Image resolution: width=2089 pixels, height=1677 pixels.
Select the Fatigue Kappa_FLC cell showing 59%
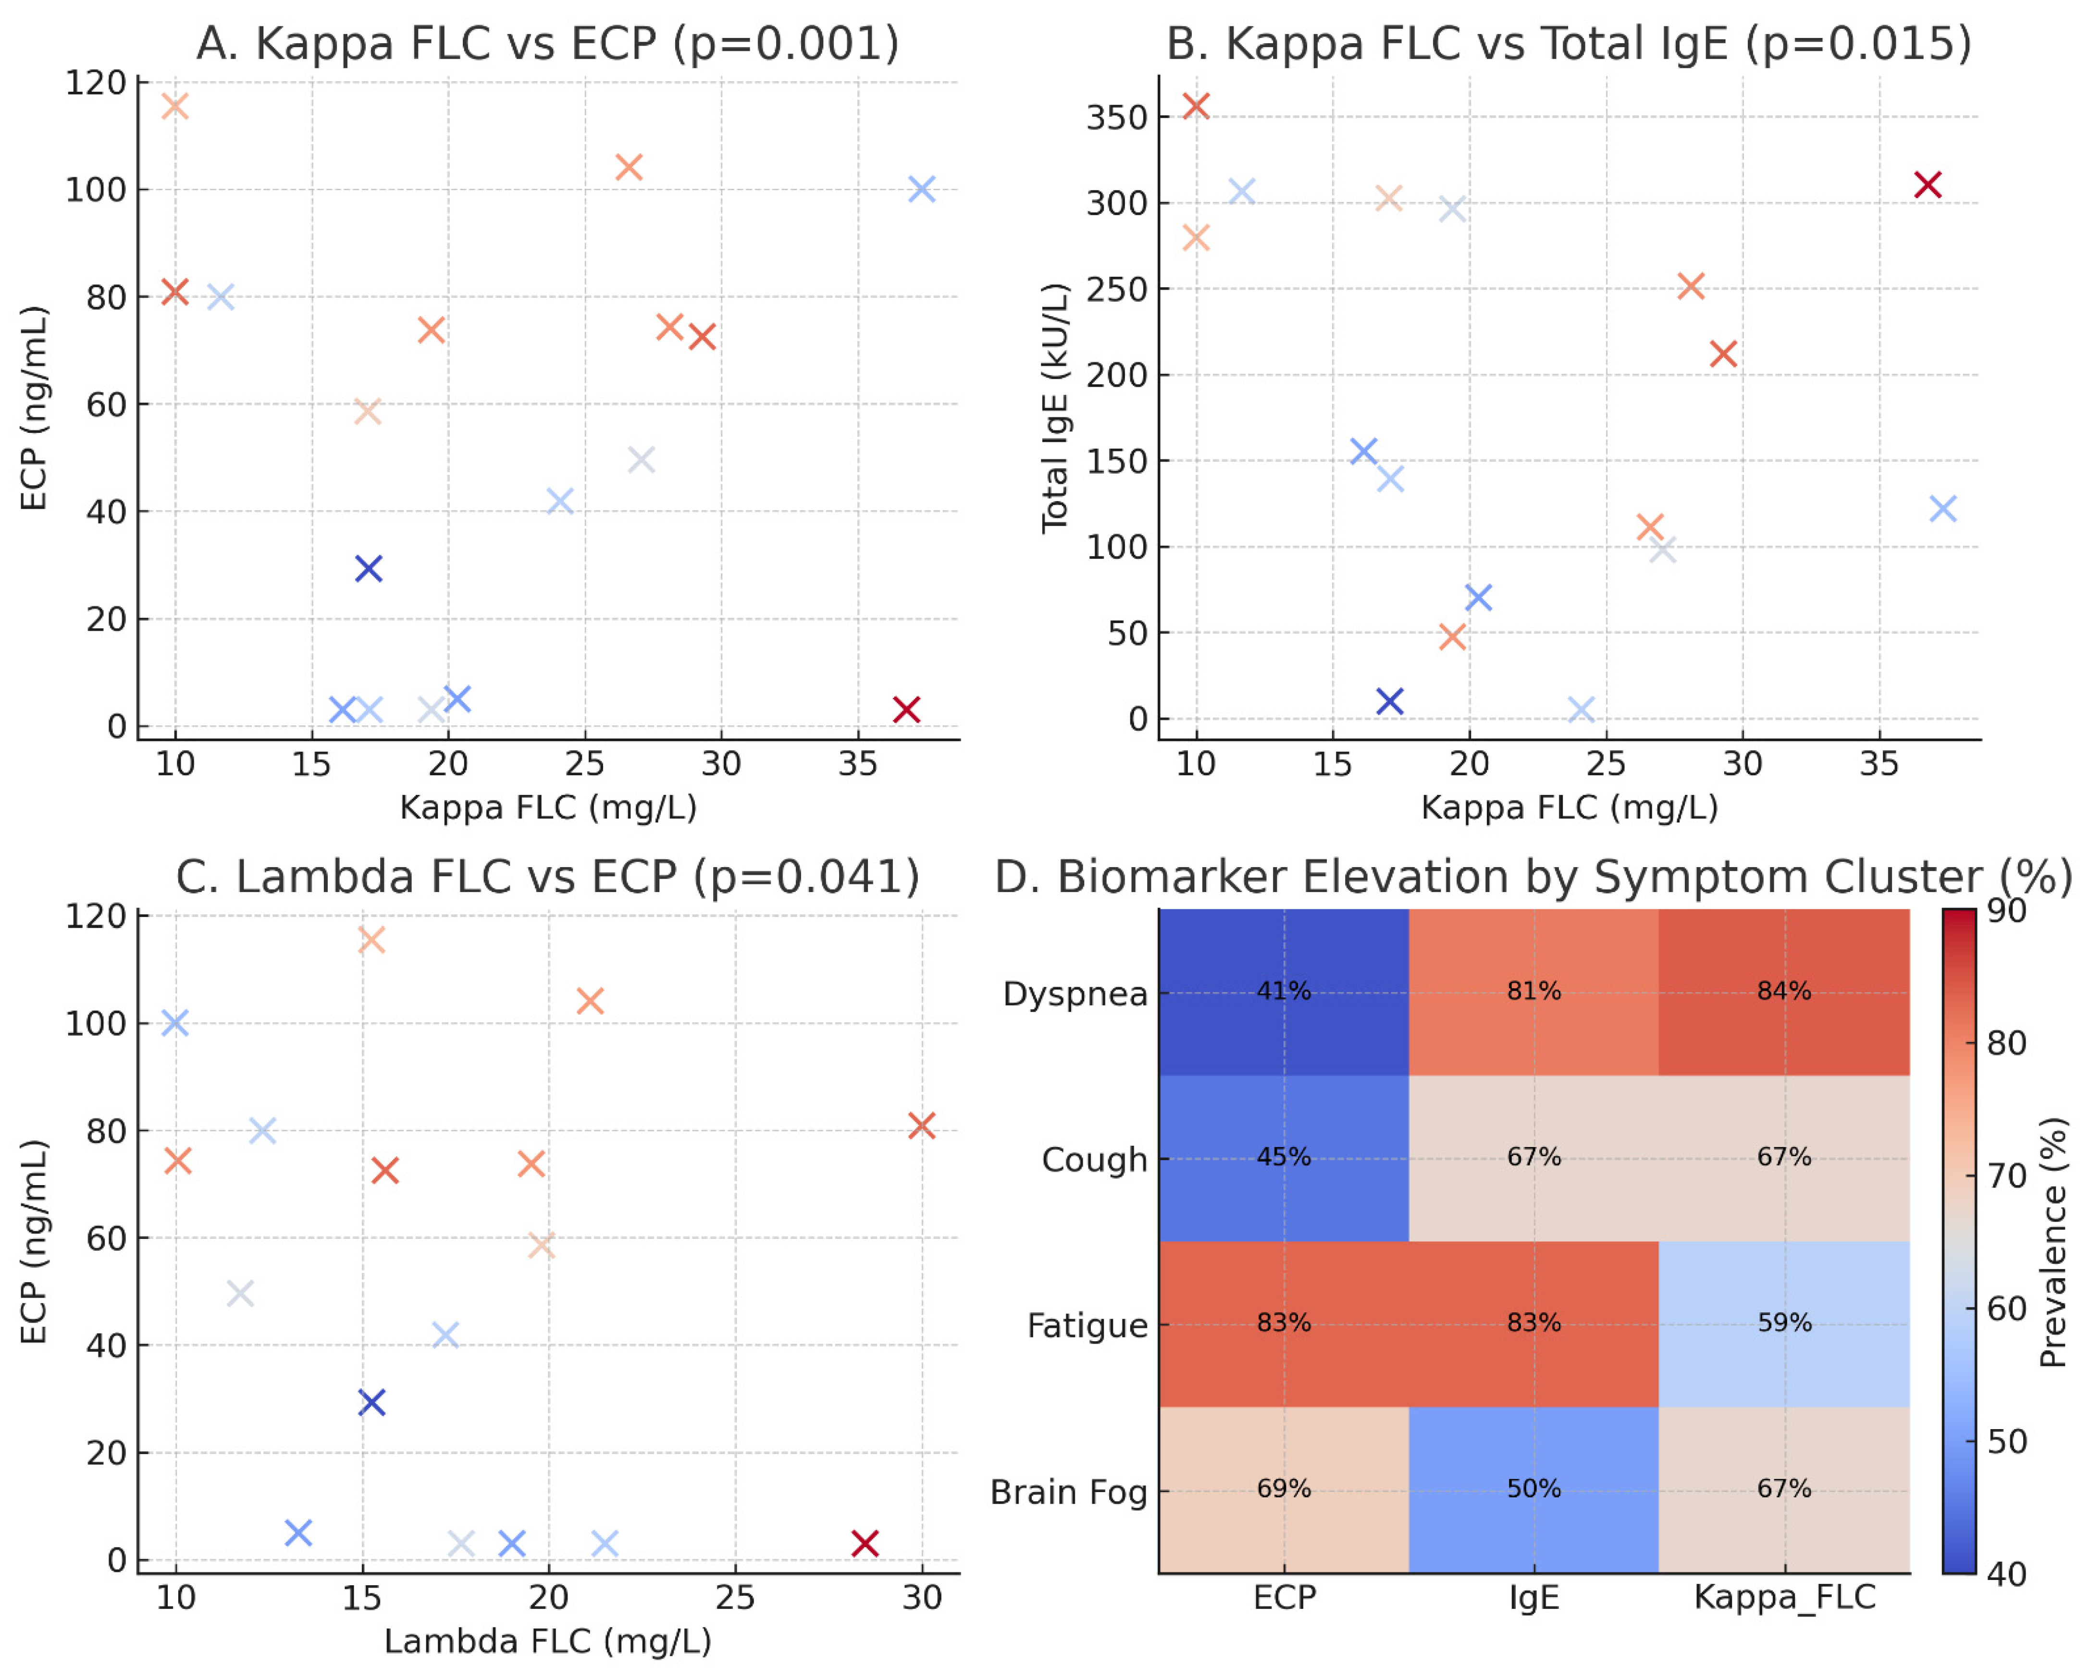pyautogui.click(x=1784, y=1323)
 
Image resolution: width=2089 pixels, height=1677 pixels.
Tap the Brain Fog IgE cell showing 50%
pyautogui.click(x=1534, y=1489)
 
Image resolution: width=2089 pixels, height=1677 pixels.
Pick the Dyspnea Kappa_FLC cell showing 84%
pyautogui.click(x=1784, y=992)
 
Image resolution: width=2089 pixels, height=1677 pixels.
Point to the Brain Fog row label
pyautogui.click(x=1068, y=1492)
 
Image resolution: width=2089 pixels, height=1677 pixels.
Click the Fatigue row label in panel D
pyautogui.click(x=1087, y=1325)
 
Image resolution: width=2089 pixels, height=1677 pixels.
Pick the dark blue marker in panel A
pyautogui.click(x=368, y=569)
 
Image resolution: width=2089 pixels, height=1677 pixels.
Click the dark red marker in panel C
pyautogui.click(x=864, y=1543)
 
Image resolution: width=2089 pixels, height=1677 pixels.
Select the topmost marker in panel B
pyautogui.click(x=1196, y=106)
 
